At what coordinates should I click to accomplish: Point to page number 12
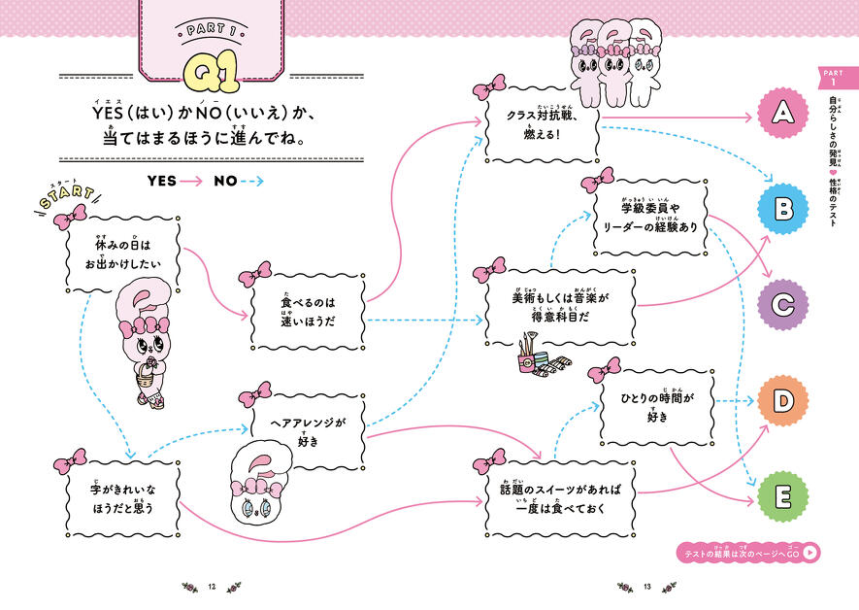(214, 586)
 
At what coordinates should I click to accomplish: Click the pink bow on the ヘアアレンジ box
(255, 393)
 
